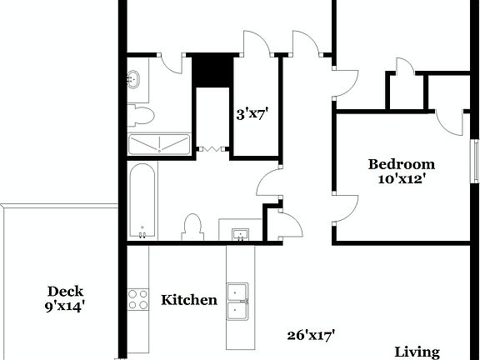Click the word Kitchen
click(189, 300)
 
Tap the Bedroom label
click(402, 164)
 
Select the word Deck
click(64, 291)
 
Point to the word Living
click(417, 352)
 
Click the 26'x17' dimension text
click(311, 335)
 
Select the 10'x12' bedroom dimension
click(402, 178)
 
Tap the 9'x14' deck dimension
click(64, 306)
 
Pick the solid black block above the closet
click(212, 70)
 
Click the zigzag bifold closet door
click(212, 150)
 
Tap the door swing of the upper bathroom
click(172, 62)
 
